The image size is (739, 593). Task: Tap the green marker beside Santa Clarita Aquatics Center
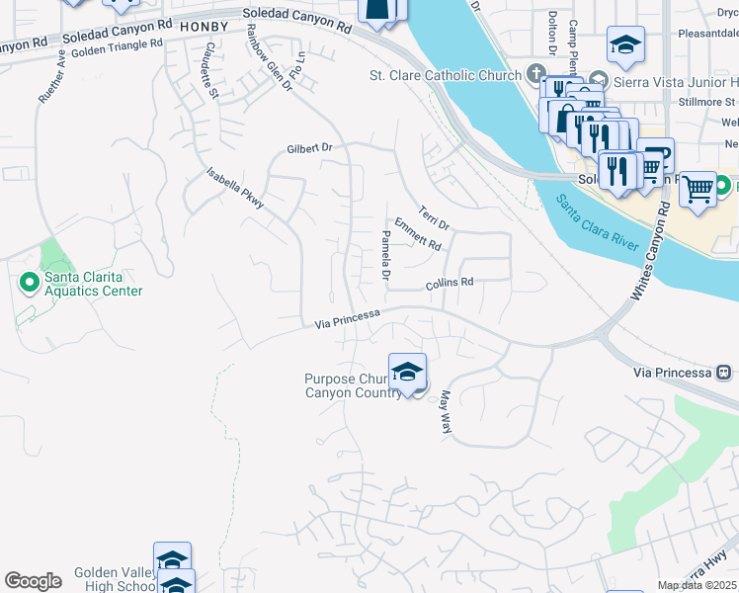pos(29,284)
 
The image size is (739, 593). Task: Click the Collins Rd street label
pos(450,283)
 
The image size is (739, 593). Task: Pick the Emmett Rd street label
pos(417,233)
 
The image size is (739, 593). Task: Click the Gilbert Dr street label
pos(310,147)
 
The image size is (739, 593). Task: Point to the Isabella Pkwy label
pos(235,187)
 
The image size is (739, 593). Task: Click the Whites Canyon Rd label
pos(648,253)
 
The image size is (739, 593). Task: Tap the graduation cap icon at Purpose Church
pos(407,372)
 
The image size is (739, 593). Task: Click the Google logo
pos(33,581)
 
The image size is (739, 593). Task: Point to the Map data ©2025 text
pos(698,585)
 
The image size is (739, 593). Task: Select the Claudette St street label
pos(210,71)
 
